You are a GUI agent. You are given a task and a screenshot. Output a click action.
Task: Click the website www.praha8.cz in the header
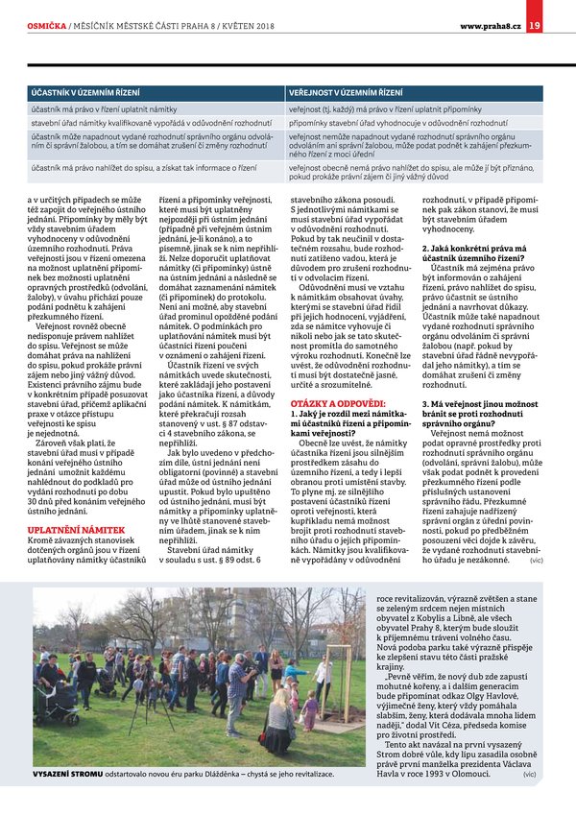pos(491,25)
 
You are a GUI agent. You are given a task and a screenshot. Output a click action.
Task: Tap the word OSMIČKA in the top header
pos(46,25)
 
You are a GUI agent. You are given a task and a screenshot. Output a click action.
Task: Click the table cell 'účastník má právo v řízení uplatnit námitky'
pos(101,109)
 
